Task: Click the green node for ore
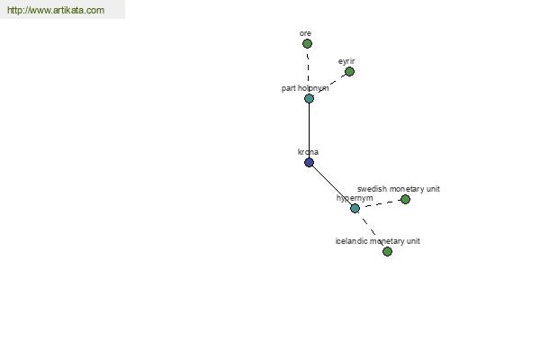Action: [x=307, y=44]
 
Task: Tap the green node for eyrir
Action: [x=349, y=72]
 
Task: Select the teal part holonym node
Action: [x=310, y=98]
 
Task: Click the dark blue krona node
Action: [x=310, y=163]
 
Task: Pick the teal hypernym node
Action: [x=355, y=208]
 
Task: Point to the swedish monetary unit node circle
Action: [x=405, y=199]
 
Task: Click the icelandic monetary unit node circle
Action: [x=387, y=251]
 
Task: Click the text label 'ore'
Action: [x=305, y=33]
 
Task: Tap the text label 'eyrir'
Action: [x=346, y=61]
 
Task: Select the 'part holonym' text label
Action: [x=305, y=88]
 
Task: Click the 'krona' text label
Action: [x=308, y=152]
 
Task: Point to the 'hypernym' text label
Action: [x=355, y=198]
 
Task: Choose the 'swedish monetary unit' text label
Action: [x=399, y=189]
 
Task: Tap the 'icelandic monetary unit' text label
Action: [x=378, y=241]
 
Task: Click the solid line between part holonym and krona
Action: [x=310, y=130]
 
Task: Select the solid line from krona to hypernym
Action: [x=332, y=185]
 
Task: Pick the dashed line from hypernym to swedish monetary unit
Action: [x=380, y=203]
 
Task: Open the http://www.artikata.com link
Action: [x=56, y=10]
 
